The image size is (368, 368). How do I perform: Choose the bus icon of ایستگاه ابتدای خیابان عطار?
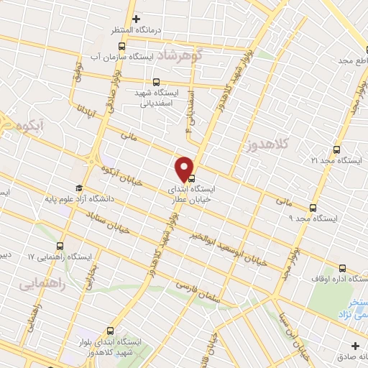(191, 179)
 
